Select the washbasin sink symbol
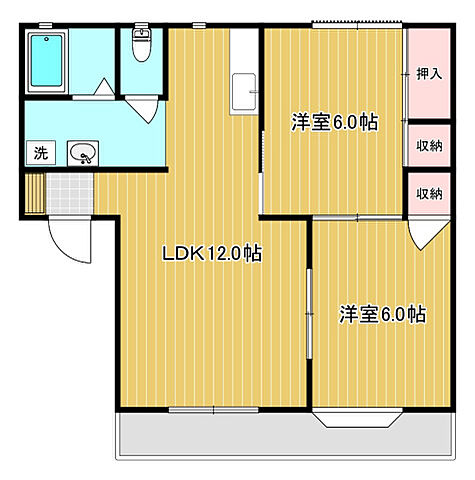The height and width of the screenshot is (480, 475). click(83, 153)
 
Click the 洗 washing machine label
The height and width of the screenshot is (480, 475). click(40, 153)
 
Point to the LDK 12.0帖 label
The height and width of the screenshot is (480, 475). click(212, 254)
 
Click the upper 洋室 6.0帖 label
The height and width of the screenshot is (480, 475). click(334, 123)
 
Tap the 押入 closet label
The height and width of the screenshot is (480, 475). click(429, 73)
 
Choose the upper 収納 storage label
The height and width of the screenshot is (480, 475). click(430, 146)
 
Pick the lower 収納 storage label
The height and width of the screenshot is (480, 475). click(430, 194)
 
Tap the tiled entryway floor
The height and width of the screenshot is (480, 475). click(70, 192)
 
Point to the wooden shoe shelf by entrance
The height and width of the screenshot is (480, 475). click(36, 193)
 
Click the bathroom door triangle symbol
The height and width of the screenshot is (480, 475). click(102, 88)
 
